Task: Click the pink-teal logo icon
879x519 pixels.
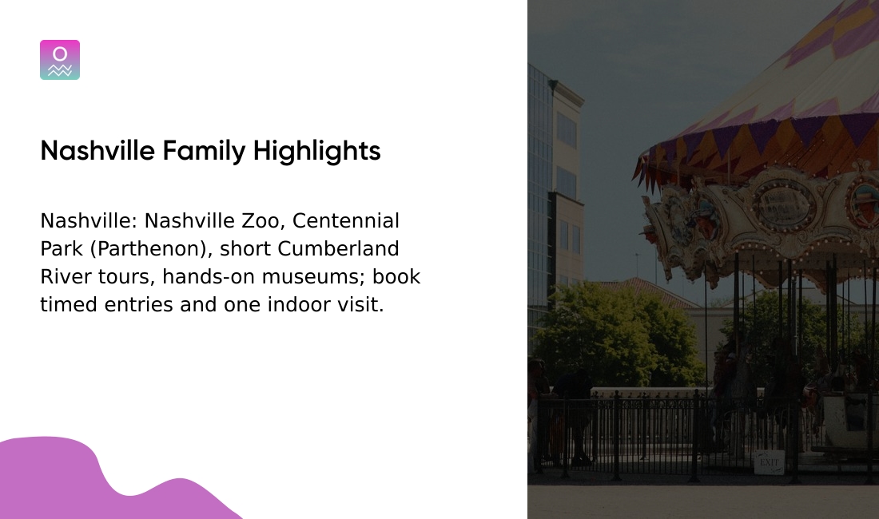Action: coord(60,60)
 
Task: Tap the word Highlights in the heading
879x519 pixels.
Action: coord(317,151)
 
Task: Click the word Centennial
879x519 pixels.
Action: coord(346,221)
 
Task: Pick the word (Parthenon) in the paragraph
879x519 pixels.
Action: coord(151,249)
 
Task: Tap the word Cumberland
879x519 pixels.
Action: coord(338,249)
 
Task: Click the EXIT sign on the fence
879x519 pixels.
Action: coord(769,462)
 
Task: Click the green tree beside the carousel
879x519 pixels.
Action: coord(615,335)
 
